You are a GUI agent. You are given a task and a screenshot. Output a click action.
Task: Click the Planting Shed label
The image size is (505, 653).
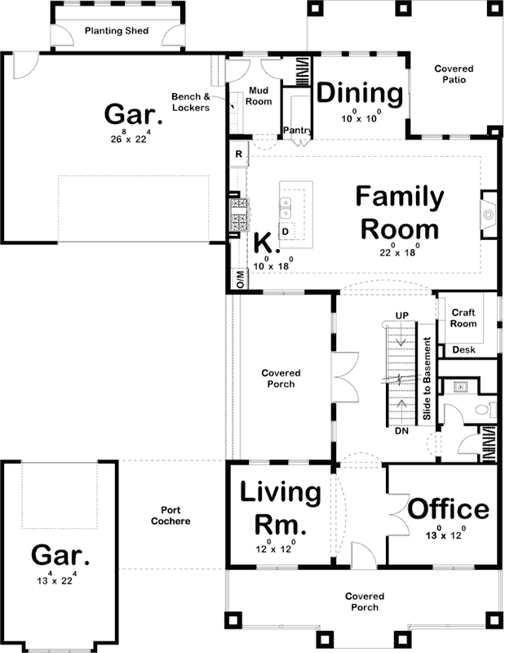[x=116, y=33]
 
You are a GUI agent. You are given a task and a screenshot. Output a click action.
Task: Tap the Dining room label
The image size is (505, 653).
[x=360, y=94]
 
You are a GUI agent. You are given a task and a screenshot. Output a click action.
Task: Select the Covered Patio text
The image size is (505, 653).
[x=454, y=75]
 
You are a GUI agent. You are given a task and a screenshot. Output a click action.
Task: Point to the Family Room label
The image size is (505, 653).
[x=400, y=211]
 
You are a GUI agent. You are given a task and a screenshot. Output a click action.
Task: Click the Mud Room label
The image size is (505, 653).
[x=259, y=97]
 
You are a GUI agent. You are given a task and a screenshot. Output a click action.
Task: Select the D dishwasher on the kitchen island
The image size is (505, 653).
[x=286, y=232]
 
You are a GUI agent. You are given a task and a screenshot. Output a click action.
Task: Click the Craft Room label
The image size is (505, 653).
[x=463, y=318]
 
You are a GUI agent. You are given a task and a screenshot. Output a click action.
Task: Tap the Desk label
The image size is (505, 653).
[x=463, y=350]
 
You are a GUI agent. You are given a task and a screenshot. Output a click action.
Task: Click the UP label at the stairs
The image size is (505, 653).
[x=401, y=315]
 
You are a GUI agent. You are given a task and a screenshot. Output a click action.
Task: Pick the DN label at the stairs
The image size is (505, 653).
[x=401, y=430]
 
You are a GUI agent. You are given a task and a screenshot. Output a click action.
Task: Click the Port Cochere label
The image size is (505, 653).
[x=171, y=515]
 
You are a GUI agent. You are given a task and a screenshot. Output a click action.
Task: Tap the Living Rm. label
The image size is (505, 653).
[x=279, y=507]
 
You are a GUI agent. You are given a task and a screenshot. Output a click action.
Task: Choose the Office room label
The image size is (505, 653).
[x=448, y=509]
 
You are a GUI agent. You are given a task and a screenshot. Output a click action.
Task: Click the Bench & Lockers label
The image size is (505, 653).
[x=190, y=102]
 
